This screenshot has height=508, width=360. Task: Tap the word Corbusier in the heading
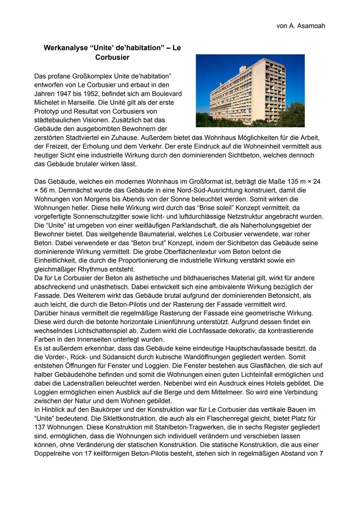pos(112,57)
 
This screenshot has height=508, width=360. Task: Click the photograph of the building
pos(250,91)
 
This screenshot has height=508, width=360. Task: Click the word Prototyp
pos(47,111)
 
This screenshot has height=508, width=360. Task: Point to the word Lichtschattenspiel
pos(110,331)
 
